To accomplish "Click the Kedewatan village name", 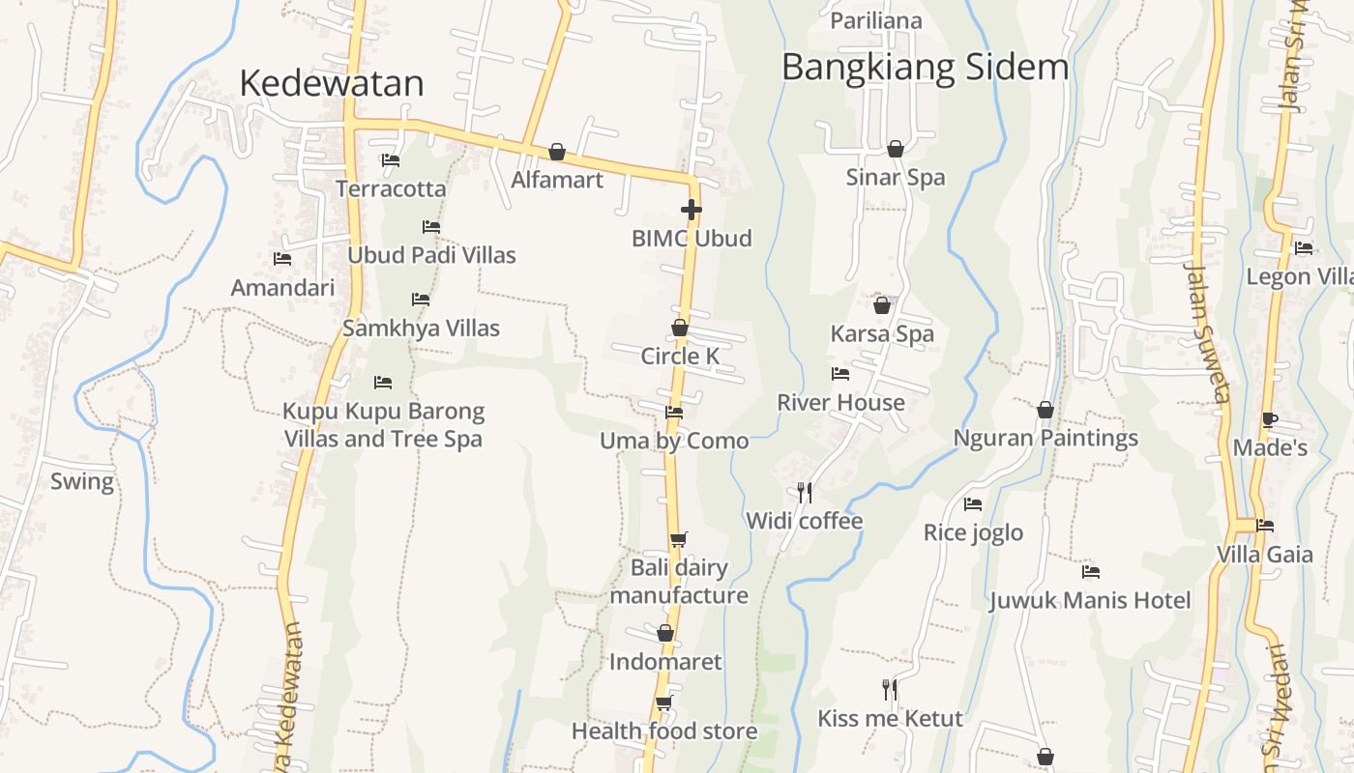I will [331, 83].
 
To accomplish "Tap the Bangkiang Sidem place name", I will [925, 68].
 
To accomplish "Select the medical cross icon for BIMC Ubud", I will [691, 209].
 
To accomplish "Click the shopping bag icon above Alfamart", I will [557, 152].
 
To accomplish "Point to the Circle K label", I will [680, 357].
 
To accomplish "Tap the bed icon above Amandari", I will [282, 259].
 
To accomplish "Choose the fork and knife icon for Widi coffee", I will [804, 493].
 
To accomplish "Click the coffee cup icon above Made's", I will [1269, 419].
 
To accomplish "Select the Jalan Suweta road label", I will [1209, 333].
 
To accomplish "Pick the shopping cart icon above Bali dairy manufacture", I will [679, 539].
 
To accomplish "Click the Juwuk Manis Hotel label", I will [1090, 601].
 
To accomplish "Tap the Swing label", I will [82, 481].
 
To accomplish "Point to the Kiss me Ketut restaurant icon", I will [890, 689].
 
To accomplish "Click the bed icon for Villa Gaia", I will [1264, 526].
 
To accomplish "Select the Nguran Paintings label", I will [1045, 439].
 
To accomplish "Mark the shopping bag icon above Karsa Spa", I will [882, 305].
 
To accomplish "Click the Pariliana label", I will [876, 20].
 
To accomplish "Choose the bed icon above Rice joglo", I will [973, 504].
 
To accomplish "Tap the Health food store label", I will [664, 731].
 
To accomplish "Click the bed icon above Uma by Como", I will [674, 413].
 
